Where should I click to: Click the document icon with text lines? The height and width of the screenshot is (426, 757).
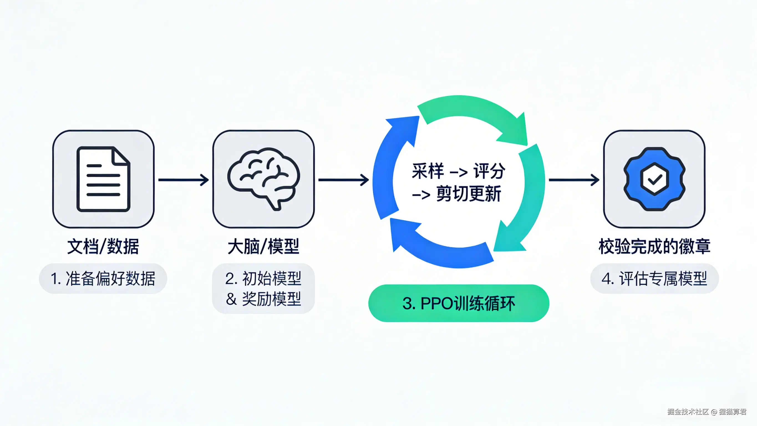[x=103, y=179]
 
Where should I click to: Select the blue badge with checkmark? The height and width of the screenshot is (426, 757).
[x=654, y=179]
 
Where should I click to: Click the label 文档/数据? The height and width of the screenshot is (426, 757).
[x=103, y=246]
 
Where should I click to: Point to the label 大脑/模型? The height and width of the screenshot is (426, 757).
[x=264, y=246]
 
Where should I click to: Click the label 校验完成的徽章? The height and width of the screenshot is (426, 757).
[x=654, y=246]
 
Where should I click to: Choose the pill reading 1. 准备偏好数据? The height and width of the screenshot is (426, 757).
[x=103, y=278]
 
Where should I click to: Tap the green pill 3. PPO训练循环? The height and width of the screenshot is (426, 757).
[x=459, y=303]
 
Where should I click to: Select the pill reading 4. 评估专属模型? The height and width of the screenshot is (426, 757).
[x=654, y=278]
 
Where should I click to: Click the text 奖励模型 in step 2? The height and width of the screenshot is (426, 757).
[x=271, y=299]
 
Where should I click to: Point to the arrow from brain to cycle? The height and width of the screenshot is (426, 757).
[x=344, y=180]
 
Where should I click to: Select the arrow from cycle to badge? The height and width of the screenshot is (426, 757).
[x=574, y=180]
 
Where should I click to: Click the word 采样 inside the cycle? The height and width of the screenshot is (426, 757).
[x=428, y=171]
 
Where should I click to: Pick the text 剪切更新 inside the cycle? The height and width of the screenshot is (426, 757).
[x=468, y=194]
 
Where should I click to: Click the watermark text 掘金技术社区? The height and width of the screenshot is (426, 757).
[x=688, y=412]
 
